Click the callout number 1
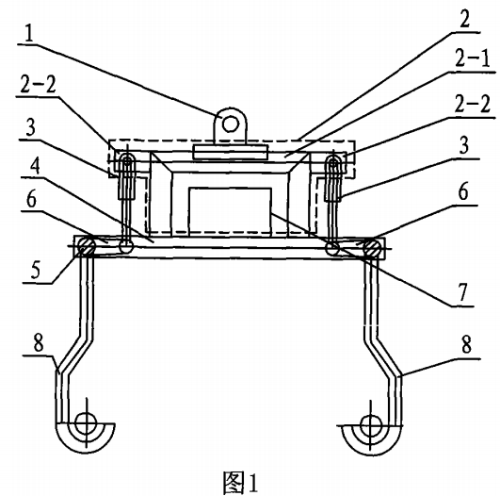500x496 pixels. click(x=29, y=33)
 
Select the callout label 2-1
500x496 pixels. click(x=473, y=58)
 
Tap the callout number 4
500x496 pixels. click(x=35, y=166)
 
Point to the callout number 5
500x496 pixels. click(x=36, y=270)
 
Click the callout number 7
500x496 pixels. click(x=462, y=292)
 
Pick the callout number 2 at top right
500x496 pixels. click(x=464, y=20)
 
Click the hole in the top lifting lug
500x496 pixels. click(x=230, y=124)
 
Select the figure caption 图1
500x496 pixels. click(x=240, y=482)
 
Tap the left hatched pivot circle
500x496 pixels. click(x=85, y=246)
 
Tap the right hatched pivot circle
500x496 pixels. click(x=371, y=247)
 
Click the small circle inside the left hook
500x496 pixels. click(x=86, y=422)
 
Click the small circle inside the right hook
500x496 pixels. click(x=370, y=425)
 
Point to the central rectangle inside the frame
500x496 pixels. click(x=230, y=212)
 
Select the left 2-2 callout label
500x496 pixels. click(x=38, y=85)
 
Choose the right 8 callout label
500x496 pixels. click(x=466, y=344)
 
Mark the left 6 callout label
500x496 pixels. click(x=31, y=200)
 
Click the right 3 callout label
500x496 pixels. click(x=463, y=145)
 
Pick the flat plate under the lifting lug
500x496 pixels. click(x=231, y=152)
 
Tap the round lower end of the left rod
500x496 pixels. click(x=126, y=247)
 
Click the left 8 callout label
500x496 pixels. click(x=39, y=343)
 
